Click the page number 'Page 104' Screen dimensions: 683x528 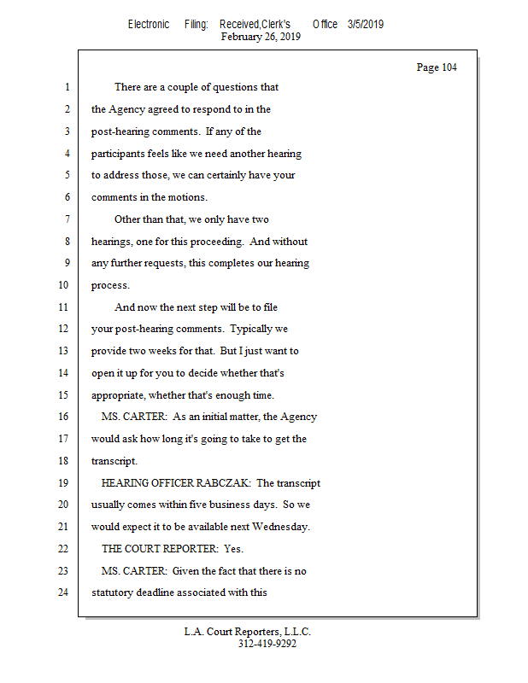(x=436, y=67)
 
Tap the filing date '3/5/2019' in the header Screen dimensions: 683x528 (x=365, y=25)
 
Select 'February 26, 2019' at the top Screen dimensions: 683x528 (x=260, y=37)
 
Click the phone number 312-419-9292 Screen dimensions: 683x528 (x=267, y=644)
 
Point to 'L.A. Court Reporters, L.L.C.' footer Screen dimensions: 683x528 (x=248, y=632)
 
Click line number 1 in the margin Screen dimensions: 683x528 (x=66, y=87)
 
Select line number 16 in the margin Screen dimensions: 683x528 (x=62, y=417)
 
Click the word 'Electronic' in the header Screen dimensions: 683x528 (x=149, y=25)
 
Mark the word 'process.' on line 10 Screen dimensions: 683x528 (x=110, y=285)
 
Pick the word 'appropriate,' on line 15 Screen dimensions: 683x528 (x=121, y=394)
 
